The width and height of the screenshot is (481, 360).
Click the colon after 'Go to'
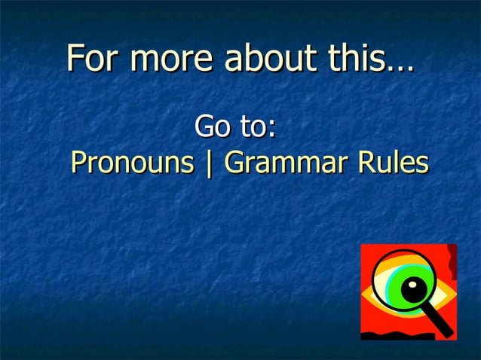[x=270, y=130]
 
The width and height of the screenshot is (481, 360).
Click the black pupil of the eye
[x=412, y=289]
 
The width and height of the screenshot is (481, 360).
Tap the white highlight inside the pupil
[x=414, y=285]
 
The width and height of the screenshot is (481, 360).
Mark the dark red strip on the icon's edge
[x=452, y=264]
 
